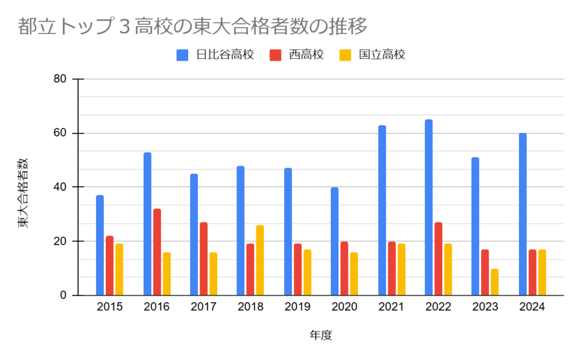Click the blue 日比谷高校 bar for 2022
[x=429, y=208]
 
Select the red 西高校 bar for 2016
[x=157, y=252]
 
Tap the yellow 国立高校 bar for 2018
[x=260, y=260]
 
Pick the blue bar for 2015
[x=100, y=245]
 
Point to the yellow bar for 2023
[x=494, y=282]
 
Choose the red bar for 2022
[x=438, y=259]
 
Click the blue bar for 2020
[x=335, y=241]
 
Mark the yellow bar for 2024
[x=542, y=272]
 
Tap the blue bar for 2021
[x=382, y=210]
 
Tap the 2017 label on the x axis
[x=203, y=308]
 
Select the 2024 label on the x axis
[x=532, y=308]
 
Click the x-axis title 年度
[x=321, y=336]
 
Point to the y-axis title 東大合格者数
[x=23, y=193]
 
